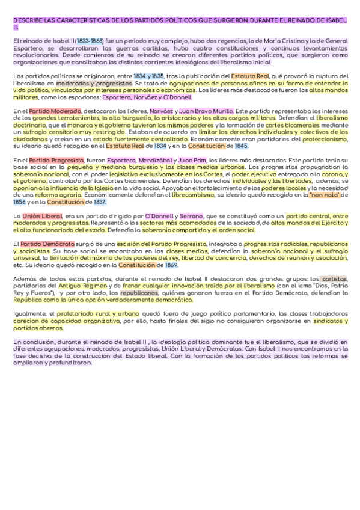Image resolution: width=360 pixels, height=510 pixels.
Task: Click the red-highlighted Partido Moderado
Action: (55, 111)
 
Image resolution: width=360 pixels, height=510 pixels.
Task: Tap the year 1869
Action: (171, 265)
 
